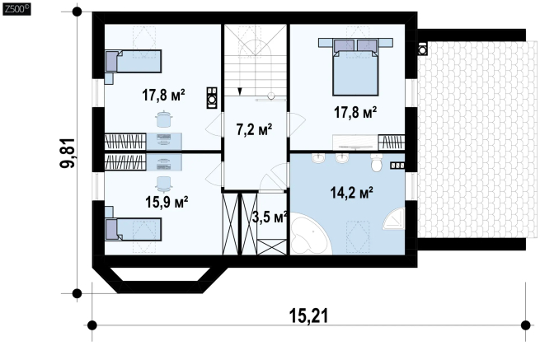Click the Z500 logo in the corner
click(16, 9)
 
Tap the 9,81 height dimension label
click(68, 152)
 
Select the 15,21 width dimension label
click(308, 316)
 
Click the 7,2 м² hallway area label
click(254, 129)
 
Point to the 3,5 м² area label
click(270, 217)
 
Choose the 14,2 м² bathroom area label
click(352, 193)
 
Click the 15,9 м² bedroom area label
click(167, 202)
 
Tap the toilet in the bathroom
click(377, 162)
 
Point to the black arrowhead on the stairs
click(240, 91)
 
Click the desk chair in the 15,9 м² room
click(163, 184)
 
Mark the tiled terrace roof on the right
click(477, 139)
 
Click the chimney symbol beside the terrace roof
click(422, 49)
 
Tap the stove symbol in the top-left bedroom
click(212, 98)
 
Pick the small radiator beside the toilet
click(397, 166)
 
